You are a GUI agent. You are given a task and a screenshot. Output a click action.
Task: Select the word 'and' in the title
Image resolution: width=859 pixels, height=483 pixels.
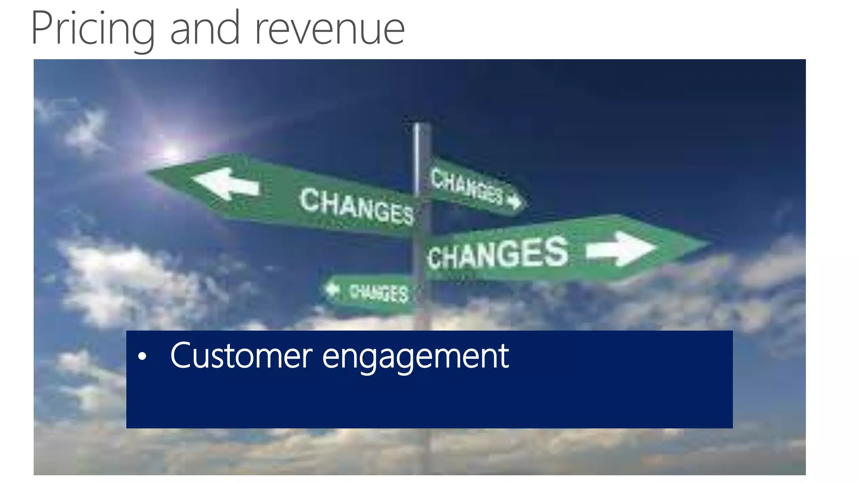point(205,29)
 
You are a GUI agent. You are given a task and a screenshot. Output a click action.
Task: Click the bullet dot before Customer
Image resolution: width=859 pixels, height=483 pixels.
point(143,356)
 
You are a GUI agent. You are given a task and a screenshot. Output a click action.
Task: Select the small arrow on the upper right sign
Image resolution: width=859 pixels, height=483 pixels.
point(514,202)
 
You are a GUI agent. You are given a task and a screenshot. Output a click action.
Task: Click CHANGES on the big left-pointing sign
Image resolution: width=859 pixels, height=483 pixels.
point(357,206)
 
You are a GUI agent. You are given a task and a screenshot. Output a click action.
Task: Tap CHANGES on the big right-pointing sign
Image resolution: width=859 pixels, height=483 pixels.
point(498,254)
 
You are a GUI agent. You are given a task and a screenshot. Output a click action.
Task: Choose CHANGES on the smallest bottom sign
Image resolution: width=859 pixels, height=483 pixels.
point(378,292)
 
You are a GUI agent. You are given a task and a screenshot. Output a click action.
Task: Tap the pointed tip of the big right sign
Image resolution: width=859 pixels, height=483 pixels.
point(709,243)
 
